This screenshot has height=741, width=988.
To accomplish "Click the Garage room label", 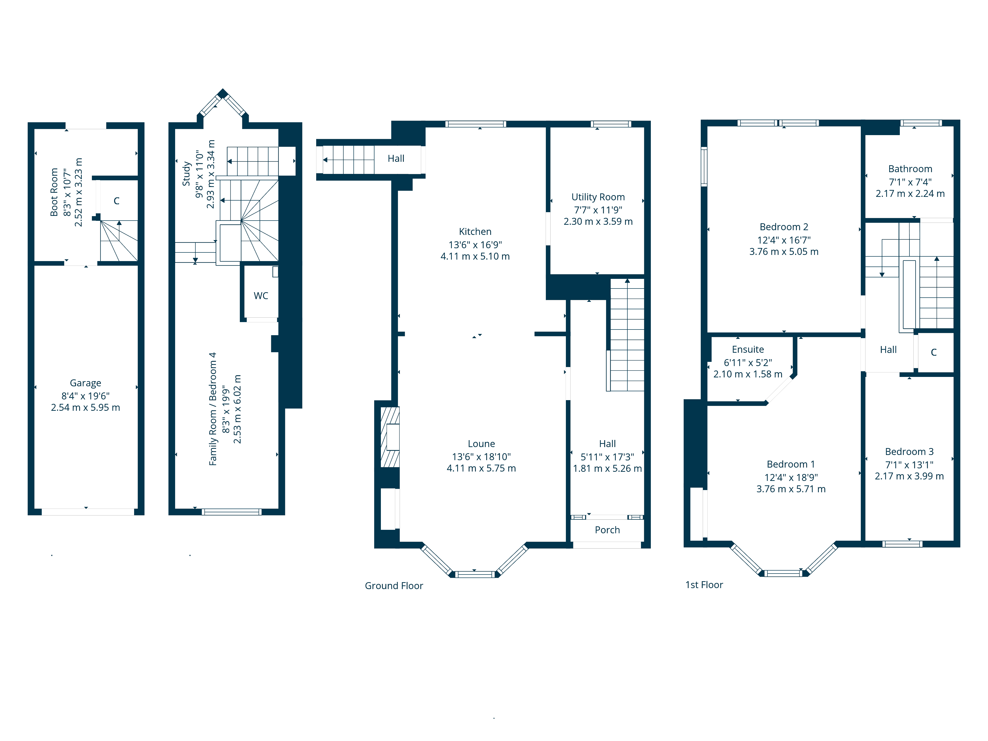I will coord(85,383).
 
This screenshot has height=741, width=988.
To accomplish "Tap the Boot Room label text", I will coord(54,192).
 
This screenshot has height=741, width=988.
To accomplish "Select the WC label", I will coord(261,296).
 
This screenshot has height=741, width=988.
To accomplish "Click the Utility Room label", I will coord(598,197).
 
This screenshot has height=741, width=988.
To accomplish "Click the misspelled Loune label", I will coord(481,444).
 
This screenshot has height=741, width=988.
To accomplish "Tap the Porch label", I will coord(607,530).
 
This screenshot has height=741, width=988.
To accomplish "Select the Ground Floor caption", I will coord(393,586).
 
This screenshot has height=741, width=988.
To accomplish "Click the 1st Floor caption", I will coord(704,585).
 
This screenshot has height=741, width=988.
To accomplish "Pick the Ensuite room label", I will coord(748,349).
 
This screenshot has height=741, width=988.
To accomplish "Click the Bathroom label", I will coord(910,169).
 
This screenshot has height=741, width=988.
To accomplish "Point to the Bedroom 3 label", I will coord(909,452).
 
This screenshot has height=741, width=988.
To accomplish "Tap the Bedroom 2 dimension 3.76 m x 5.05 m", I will coord(783,251).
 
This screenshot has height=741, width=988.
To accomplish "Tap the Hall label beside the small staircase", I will coord(396,159).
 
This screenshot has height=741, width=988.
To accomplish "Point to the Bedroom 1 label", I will coord(791,464).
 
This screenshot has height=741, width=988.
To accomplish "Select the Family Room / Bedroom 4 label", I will coord(213,409).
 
